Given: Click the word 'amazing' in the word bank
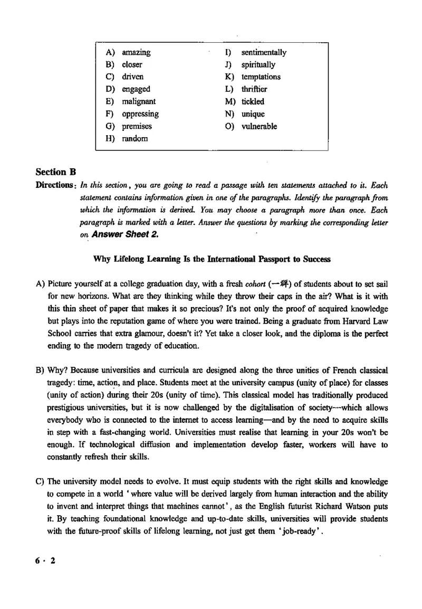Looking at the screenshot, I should click(x=136, y=52).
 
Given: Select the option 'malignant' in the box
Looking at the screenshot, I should click(x=139, y=101).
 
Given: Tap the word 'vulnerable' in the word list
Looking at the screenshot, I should click(x=259, y=126).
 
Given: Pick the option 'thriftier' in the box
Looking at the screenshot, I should click(x=254, y=89).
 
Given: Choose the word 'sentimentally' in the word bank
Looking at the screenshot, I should click(x=264, y=52).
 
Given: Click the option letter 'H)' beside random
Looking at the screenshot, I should click(x=110, y=138).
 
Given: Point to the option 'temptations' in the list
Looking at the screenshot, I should click(x=261, y=77).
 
